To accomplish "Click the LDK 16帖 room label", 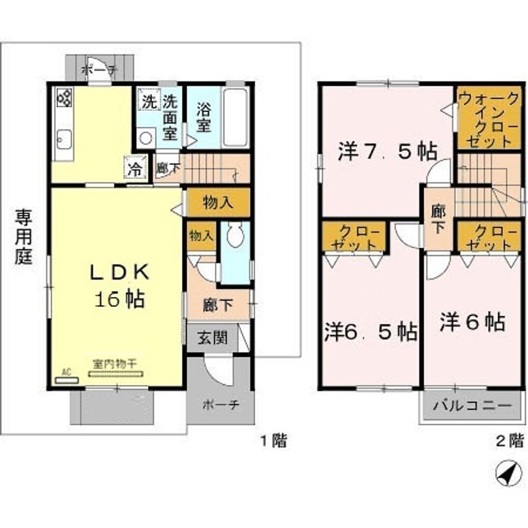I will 117,285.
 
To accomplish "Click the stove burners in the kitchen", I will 64,98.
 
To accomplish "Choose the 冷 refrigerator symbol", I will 136,166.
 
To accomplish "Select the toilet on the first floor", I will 235,236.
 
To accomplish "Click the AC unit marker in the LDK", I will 66,376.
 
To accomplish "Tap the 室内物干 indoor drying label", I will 117,363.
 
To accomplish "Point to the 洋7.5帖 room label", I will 387,152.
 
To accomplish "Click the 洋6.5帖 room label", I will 371,331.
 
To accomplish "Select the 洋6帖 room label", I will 472,322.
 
